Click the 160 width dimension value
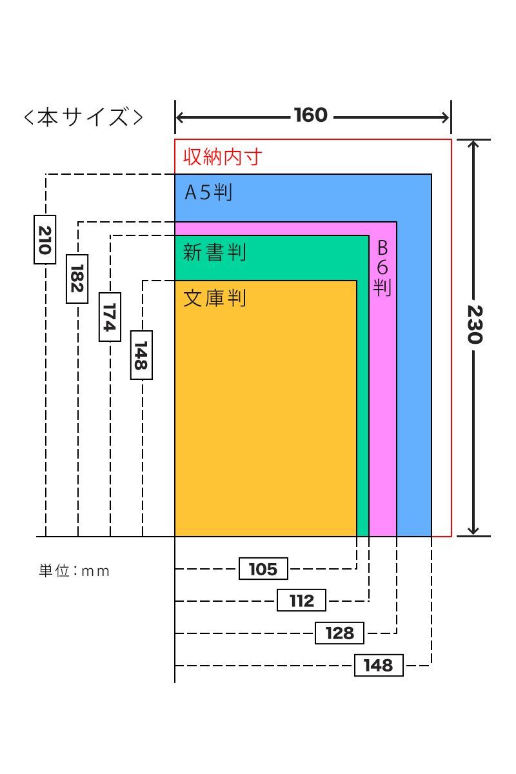(x=311, y=115)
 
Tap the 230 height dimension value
(x=475, y=324)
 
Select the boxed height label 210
(x=45, y=239)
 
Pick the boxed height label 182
(x=77, y=279)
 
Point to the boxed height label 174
(x=110, y=317)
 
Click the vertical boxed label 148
(x=141, y=355)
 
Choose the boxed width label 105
(x=263, y=568)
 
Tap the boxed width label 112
(x=301, y=600)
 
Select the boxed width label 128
(x=339, y=633)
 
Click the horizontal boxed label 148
(x=379, y=665)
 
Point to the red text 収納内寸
(x=223, y=157)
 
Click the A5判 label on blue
(x=208, y=192)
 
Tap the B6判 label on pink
(x=382, y=268)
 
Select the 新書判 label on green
(x=215, y=252)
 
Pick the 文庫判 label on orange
(x=215, y=298)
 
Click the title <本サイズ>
(x=83, y=117)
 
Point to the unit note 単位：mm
(x=74, y=571)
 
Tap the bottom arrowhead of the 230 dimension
(x=473, y=533)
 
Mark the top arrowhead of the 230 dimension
(x=473, y=143)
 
